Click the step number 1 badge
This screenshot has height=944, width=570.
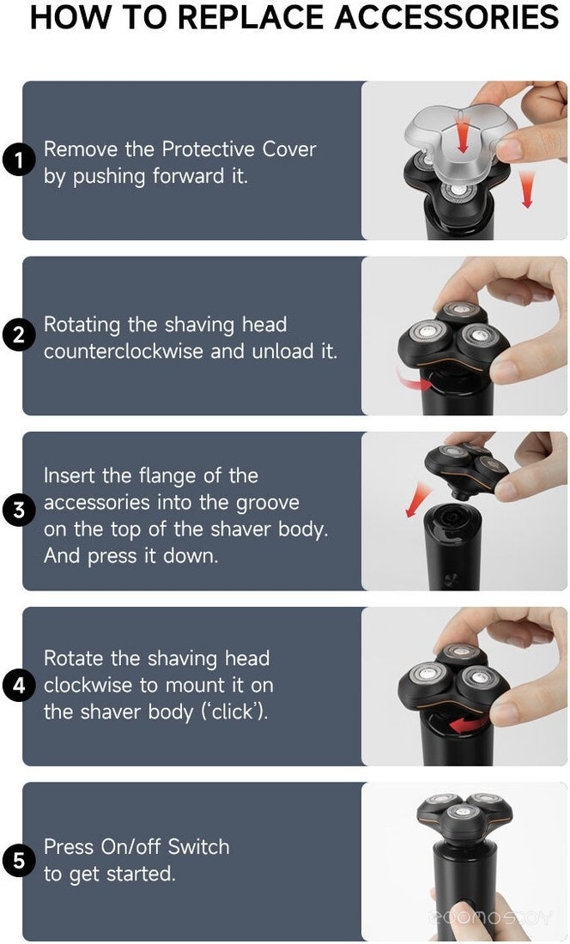19,160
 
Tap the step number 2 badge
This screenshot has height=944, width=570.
19,335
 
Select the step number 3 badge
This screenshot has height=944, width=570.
19,510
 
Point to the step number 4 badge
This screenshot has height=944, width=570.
19,685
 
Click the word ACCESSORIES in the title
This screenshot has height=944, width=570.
446,16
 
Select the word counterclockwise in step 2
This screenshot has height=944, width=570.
124,351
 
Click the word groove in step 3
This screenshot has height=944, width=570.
267,503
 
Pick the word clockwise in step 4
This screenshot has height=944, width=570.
88,685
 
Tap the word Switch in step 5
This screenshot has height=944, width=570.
198,846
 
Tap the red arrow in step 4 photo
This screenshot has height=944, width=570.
470,724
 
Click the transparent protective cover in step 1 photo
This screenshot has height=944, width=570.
459,143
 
